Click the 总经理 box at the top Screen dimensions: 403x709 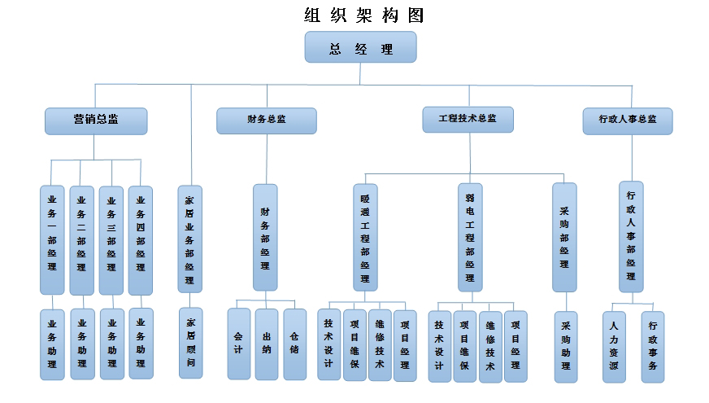(360, 47)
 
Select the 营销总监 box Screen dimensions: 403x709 (96, 120)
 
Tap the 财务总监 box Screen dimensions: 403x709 (266, 120)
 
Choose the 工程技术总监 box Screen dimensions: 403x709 (468, 119)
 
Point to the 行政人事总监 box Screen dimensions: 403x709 (628, 120)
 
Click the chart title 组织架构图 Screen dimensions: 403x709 (363, 15)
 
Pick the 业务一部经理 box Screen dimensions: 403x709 (52, 239)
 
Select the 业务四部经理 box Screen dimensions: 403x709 (141, 239)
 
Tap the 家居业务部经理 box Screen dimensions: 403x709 (190, 239)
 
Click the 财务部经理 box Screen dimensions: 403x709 (265, 237)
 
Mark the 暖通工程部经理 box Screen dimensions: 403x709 (365, 237)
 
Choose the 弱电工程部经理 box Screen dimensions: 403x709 (469, 237)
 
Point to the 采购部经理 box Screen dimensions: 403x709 (564, 237)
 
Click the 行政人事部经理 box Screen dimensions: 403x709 (631, 236)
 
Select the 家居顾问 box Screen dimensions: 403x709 (190, 343)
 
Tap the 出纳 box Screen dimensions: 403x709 (267, 344)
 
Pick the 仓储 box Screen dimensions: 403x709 (294, 344)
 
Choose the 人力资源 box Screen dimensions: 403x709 (615, 346)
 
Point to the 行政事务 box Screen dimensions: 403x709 (653, 346)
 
